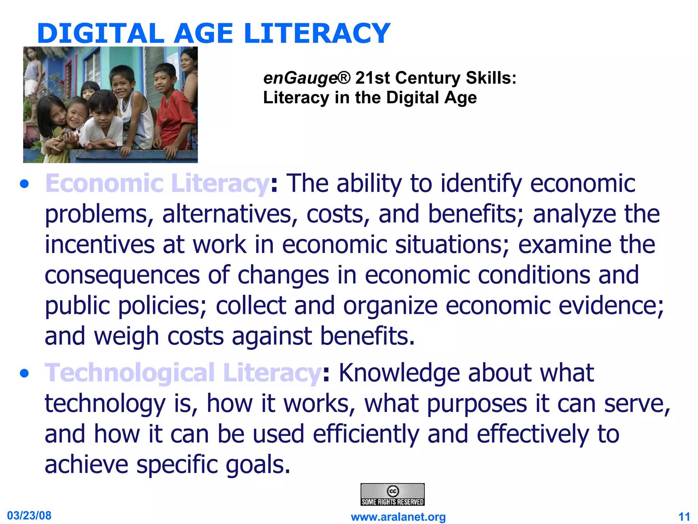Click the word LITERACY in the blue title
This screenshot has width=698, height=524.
tap(317, 33)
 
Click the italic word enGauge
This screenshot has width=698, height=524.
tap(300, 78)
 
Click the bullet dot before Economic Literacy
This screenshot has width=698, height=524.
tap(24, 185)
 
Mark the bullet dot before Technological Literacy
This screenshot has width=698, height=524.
tap(24, 374)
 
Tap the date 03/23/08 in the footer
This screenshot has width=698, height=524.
tap(29, 515)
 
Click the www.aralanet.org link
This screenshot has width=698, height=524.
tap(398, 517)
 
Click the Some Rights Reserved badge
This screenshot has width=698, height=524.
tap(392, 494)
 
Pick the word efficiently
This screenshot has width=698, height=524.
tap(366, 434)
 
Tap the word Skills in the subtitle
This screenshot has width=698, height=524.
tap(490, 78)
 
